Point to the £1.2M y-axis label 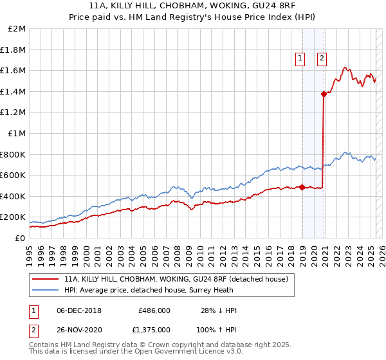(14, 113)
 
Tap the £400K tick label (12, 196)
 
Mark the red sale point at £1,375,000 (324, 94)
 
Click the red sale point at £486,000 (302, 187)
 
